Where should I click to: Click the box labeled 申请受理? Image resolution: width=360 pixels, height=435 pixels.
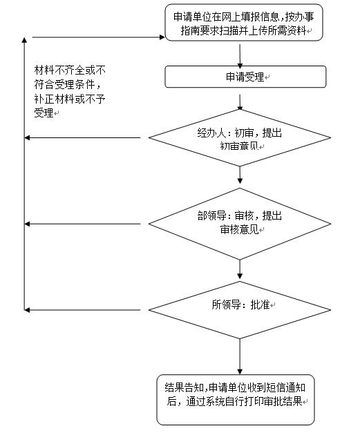pos(245,77)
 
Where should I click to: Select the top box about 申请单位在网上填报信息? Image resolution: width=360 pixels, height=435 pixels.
pos(244,23)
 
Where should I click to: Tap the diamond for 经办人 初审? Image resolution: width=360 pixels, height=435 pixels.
pos(240,138)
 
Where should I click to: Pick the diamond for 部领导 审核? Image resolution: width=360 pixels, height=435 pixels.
pos(240,224)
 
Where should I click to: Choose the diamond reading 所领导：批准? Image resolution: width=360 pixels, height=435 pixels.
pos(240,310)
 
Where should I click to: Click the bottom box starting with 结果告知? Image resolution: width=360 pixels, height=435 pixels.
pos(236,400)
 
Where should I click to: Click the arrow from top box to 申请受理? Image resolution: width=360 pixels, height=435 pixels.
pos(240,57)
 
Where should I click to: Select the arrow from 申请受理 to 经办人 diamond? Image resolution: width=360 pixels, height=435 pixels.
pos(240,102)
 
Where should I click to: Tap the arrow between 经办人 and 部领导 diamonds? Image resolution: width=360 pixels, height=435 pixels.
pos(240,175)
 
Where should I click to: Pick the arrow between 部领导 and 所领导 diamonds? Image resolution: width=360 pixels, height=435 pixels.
pos(240,269)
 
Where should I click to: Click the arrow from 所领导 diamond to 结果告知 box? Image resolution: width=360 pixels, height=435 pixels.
pos(240,357)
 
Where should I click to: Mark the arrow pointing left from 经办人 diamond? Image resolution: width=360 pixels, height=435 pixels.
pos(82,137)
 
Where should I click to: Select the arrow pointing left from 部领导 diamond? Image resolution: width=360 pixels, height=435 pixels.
pos(82,224)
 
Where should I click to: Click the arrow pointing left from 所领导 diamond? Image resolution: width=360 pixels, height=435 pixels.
pos(82,310)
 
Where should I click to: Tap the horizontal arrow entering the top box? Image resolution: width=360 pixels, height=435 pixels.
pos(99,37)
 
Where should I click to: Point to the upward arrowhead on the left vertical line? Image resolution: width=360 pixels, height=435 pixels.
pos(24,40)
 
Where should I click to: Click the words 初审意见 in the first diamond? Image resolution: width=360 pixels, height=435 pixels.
pos(239,146)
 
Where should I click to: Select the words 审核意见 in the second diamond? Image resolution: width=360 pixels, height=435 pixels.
pos(239,230)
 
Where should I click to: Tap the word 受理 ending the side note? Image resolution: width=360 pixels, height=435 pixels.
pos(44,113)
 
